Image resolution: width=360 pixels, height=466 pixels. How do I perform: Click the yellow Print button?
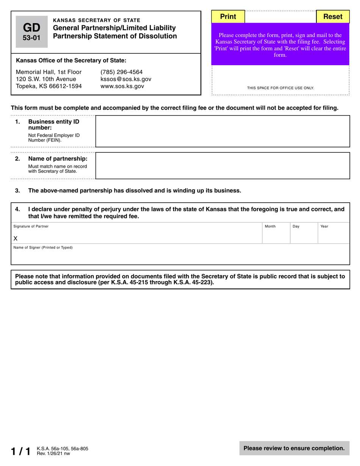point(228,17)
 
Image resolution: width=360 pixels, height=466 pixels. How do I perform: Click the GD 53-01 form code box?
point(32,32)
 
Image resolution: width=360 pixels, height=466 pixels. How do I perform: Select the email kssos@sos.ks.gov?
point(126,79)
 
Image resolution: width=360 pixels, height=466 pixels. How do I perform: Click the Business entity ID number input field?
point(222,131)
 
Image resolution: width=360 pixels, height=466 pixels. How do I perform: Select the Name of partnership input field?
point(222,166)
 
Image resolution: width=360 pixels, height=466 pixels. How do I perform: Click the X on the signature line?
point(16,239)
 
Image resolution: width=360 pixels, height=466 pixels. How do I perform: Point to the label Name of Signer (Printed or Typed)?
point(43,248)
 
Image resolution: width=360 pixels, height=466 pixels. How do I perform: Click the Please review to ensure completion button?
point(294,448)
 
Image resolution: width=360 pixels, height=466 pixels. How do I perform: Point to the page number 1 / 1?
point(20,451)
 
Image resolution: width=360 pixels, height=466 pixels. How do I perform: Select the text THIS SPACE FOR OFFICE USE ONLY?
point(280,88)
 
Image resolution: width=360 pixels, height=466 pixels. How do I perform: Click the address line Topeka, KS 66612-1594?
point(49,86)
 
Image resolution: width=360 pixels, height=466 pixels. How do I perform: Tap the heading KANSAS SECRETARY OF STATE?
point(97,20)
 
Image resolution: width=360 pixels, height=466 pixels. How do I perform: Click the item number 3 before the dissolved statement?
point(17,191)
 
